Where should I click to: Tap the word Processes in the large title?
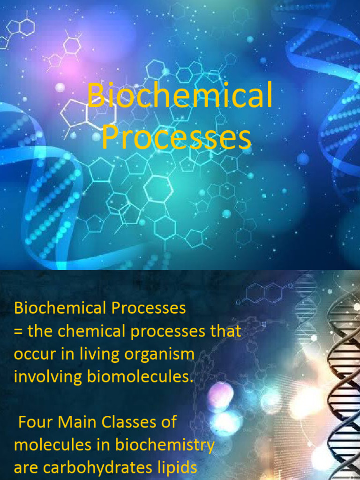click(176, 138)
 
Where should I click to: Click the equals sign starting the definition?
click(18, 331)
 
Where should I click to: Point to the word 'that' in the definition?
click(225, 331)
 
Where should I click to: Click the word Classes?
click(127, 422)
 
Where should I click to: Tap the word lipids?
click(176, 467)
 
